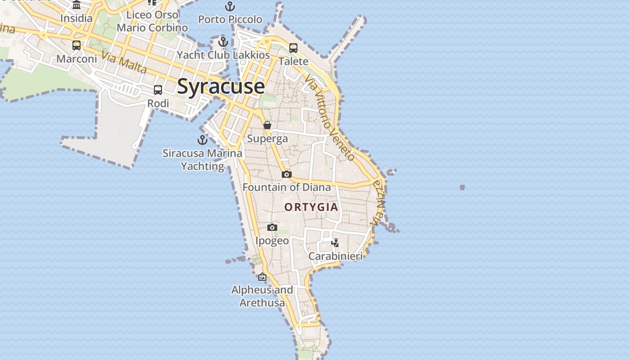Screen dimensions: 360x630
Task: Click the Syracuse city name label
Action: coord(220,86)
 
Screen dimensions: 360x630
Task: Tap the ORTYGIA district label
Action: coord(311,207)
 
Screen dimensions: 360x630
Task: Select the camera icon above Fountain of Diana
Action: coord(287,174)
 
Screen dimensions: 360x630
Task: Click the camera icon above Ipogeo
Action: coord(272,228)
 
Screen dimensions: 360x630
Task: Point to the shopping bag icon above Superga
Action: coord(267,125)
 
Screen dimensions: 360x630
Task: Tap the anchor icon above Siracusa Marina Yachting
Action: coord(202,140)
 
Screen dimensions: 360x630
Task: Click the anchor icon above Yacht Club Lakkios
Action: coord(223,42)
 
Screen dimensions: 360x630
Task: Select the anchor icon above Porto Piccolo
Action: coord(230,6)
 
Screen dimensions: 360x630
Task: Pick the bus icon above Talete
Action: coord(293,48)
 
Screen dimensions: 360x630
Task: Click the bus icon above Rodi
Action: coord(158,90)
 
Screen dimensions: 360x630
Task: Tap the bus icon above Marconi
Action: coord(76,45)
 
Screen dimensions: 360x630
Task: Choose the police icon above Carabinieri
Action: coord(335,243)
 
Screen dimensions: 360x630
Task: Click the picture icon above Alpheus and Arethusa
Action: coord(262,277)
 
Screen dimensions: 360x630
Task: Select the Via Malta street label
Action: coord(124,63)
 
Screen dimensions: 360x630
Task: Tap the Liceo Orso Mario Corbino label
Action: coord(152,21)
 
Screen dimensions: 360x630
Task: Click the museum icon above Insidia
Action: coord(76,5)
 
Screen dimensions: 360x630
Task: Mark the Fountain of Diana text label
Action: coord(287,187)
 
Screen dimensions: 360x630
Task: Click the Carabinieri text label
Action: coord(335,256)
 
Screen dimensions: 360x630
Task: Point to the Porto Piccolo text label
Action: coord(230,19)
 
